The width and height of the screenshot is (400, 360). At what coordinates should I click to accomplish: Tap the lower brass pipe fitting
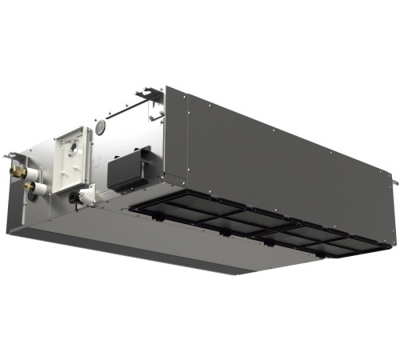(x=30, y=187)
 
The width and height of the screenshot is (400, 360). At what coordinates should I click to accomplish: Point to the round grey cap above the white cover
(x=101, y=128)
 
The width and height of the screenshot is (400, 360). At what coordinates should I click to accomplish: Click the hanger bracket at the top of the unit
(x=147, y=96)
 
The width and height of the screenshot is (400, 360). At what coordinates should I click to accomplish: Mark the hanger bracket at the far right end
(x=393, y=183)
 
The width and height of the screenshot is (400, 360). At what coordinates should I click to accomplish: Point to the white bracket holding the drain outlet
(x=86, y=193)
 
